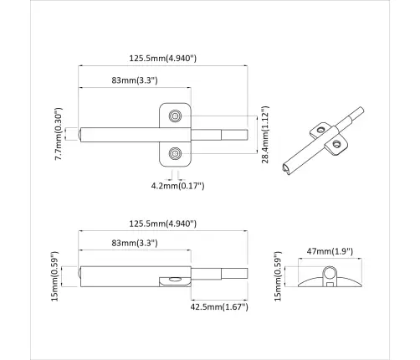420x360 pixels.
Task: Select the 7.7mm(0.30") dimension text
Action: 59,134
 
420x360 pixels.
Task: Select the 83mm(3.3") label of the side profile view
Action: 135,243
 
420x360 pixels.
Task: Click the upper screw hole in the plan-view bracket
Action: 176,115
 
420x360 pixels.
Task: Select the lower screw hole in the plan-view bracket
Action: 176,152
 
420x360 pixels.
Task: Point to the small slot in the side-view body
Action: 174,280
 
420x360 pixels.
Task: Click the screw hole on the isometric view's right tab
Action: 337,144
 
